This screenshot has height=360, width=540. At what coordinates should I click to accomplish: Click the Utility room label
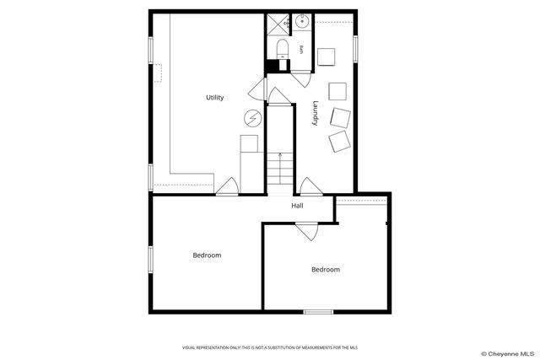click(215, 98)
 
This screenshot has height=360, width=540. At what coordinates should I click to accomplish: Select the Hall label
click(298, 206)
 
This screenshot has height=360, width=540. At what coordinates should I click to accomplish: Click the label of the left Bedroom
click(207, 255)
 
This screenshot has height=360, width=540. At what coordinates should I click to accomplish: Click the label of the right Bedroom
click(326, 269)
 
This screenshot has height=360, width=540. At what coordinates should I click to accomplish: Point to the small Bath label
click(300, 50)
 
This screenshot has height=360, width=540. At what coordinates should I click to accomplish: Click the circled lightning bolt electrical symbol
click(251, 118)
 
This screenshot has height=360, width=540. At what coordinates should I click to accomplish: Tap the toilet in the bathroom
click(283, 48)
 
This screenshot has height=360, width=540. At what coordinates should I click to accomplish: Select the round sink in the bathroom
click(302, 21)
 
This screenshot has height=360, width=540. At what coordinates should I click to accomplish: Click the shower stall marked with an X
click(278, 24)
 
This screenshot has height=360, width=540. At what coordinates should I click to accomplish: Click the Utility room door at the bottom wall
click(227, 186)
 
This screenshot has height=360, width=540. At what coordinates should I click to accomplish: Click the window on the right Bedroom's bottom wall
click(318, 312)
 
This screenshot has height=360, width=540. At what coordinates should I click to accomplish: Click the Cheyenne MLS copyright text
click(508, 353)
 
